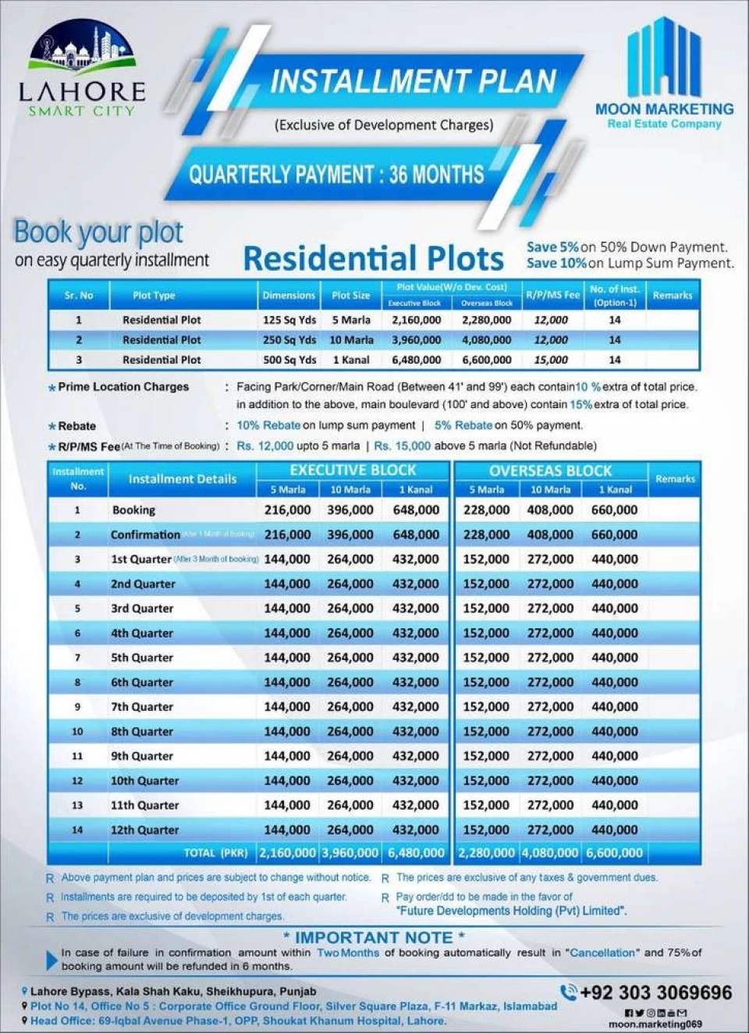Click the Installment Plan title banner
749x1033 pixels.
(x=413, y=81)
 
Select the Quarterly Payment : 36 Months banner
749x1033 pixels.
(x=336, y=174)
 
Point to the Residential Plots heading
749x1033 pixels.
(x=374, y=258)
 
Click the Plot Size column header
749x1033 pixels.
(x=351, y=296)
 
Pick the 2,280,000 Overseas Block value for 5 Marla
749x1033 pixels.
(x=487, y=320)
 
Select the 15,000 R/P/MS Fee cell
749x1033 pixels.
(x=551, y=360)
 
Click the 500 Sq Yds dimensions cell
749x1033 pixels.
(x=289, y=360)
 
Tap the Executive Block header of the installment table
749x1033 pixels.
(x=353, y=470)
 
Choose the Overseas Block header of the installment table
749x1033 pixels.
(x=550, y=470)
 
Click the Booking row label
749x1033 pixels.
(x=133, y=510)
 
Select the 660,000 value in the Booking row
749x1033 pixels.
(x=614, y=510)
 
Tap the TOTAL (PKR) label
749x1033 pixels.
(x=215, y=853)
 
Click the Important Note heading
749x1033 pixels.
(x=374, y=937)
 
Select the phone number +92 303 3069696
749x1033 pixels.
(x=655, y=992)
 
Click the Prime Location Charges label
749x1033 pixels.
(x=123, y=387)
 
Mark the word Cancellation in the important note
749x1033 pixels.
(x=602, y=953)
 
